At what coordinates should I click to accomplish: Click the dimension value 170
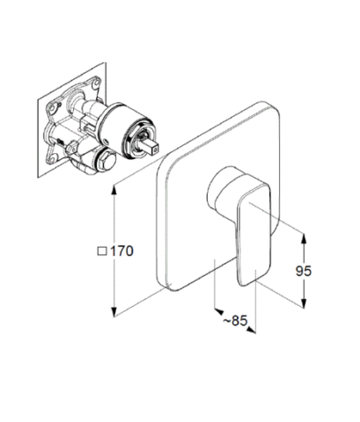tap(122, 251)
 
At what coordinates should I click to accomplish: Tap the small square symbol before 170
tap(102, 251)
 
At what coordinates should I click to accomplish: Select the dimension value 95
tap(304, 271)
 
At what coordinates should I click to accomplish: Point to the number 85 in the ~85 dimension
tap(239, 321)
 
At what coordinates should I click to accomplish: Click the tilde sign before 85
tap(227, 321)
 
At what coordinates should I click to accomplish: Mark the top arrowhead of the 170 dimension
tap(114, 191)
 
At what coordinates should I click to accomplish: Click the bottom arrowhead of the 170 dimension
tap(114, 311)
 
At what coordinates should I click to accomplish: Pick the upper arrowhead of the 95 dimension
tap(304, 239)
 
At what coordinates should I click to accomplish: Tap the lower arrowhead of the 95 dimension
tap(304, 302)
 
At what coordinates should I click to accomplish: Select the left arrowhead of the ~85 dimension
tap(219, 311)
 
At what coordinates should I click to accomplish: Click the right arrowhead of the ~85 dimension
tap(251, 331)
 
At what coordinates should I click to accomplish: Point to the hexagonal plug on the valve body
tap(106, 161)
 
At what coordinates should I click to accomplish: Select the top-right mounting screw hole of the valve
tap(96, 84)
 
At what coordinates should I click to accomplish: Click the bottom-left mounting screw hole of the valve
tap(52, 160)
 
